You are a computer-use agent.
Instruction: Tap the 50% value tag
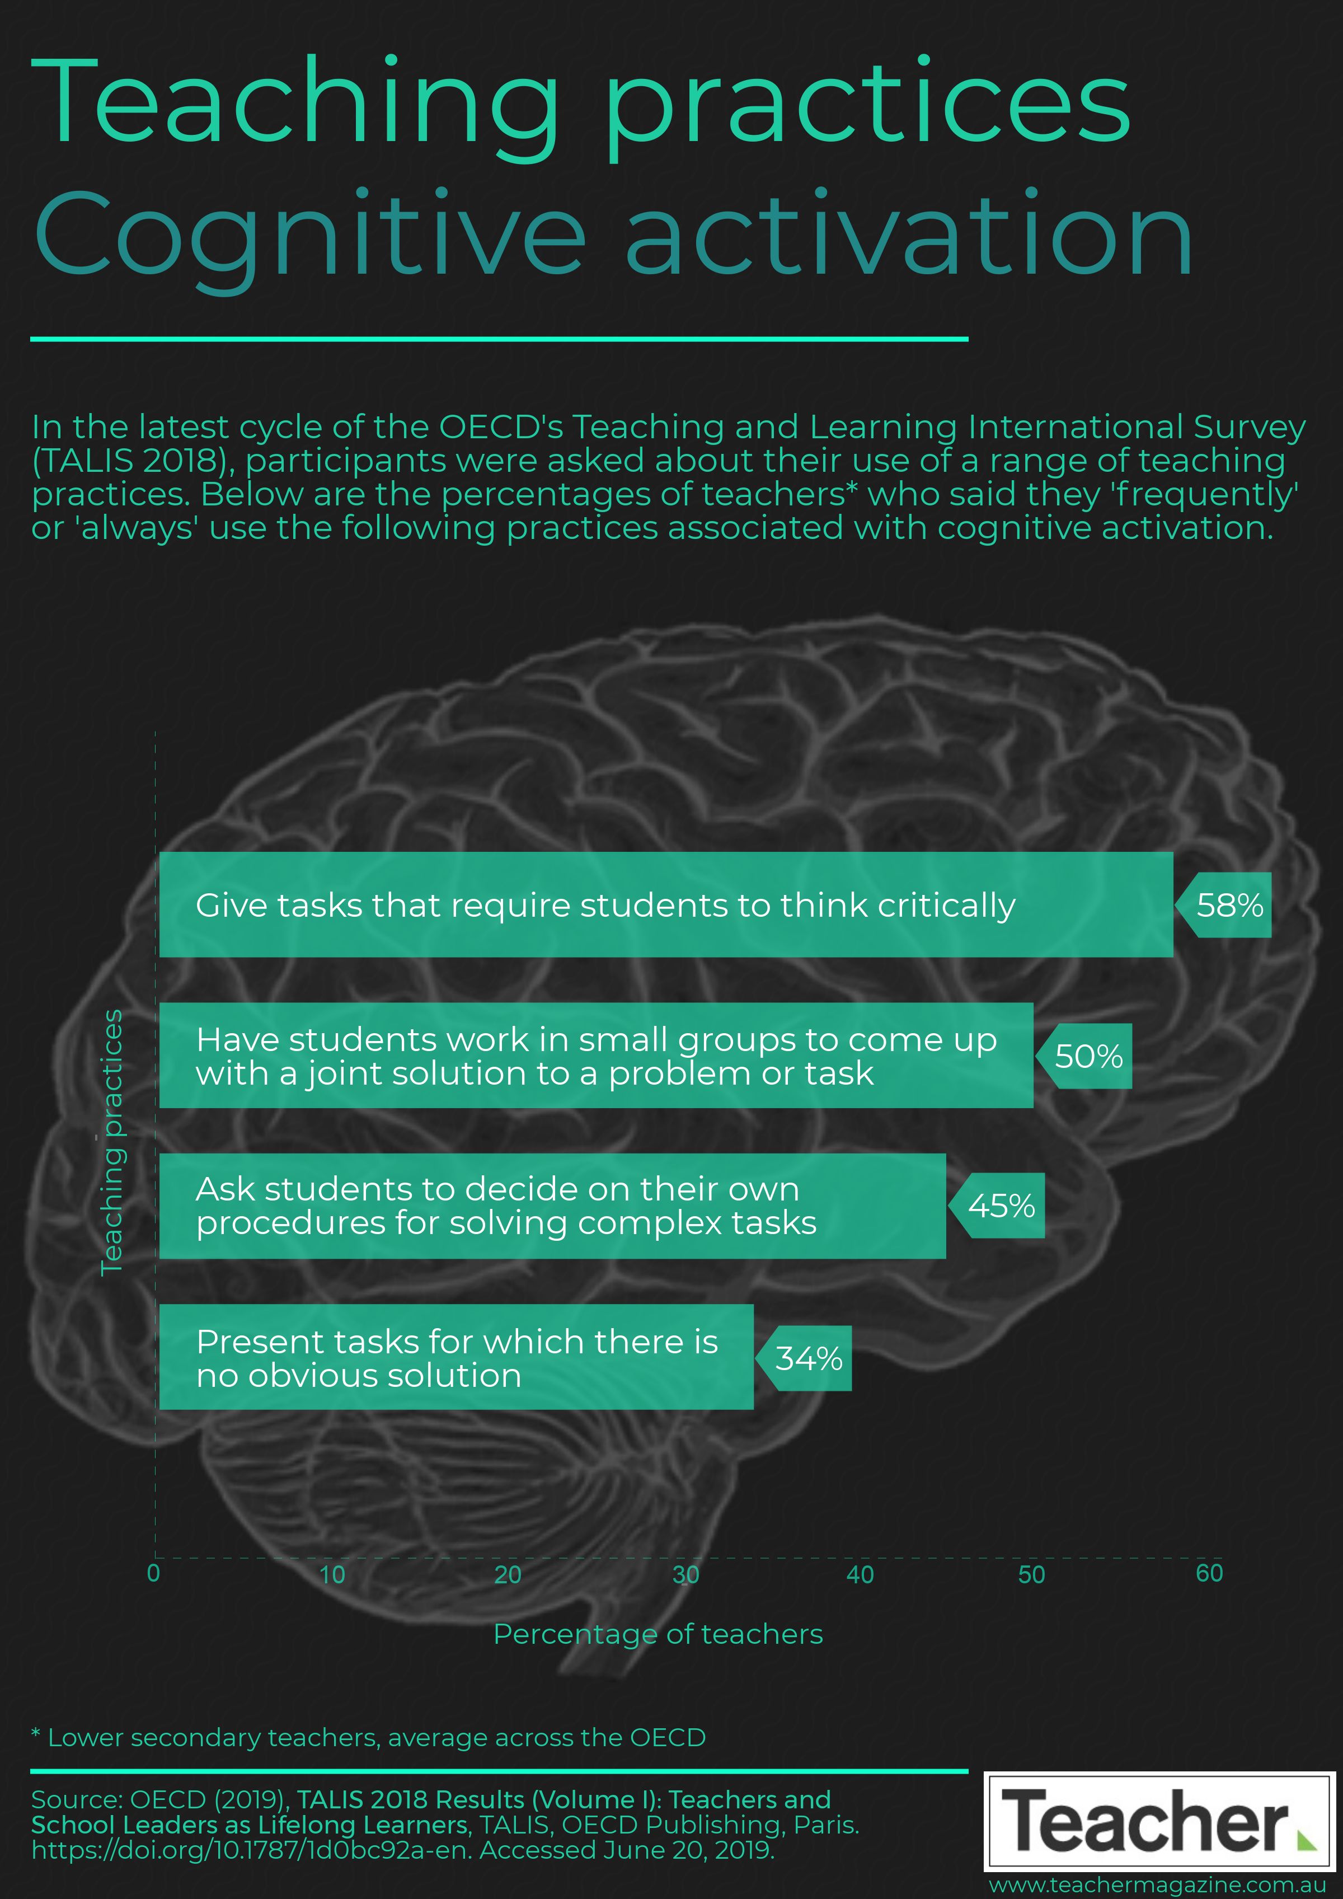(1084, 1056)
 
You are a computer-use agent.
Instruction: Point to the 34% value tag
(804, 1358)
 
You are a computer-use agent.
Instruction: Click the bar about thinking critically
(666, 905)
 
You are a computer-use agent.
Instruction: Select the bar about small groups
(597, 1056)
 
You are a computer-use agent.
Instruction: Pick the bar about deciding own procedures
(552, 1206)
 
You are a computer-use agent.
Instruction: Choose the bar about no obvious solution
(457, 1357)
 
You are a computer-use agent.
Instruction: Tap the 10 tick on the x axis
(332, 1574)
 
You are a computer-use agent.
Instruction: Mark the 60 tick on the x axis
(1209, 1573)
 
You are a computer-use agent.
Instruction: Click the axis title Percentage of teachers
(658, 1634)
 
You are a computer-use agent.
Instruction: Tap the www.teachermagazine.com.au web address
(1158, 1886)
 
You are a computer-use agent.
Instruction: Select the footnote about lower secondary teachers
(368, 1738)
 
